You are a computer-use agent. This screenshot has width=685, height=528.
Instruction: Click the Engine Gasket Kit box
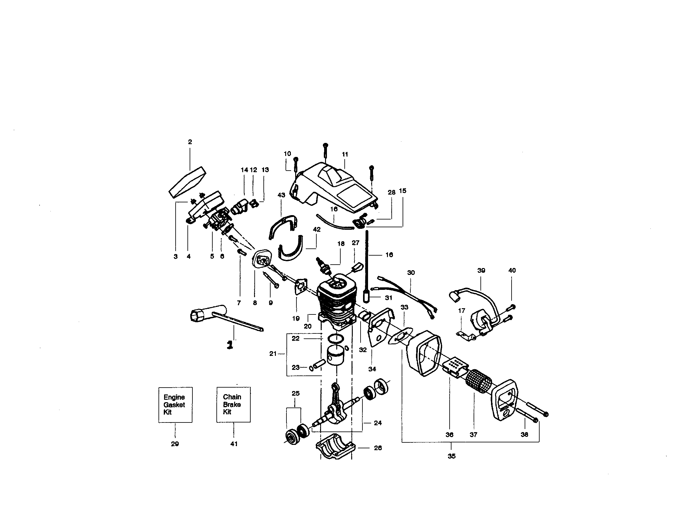click(x=175, y=404)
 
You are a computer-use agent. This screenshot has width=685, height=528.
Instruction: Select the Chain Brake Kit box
click(x=233, y=404)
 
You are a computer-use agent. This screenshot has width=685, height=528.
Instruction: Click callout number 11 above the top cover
click(x=345, y=154)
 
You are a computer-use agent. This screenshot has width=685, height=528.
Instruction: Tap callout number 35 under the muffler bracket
click(x=451, y=456)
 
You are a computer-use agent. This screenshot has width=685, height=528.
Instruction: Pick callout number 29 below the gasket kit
click(x=175, y=444)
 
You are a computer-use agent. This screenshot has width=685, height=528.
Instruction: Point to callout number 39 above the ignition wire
click(x=481, y=270)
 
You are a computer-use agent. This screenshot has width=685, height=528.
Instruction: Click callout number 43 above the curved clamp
click(x=281, y=195)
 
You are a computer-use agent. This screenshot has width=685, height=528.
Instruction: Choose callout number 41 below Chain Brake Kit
click(x=234, y=444)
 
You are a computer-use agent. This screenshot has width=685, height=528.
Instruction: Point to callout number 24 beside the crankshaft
click(x=378, y=423)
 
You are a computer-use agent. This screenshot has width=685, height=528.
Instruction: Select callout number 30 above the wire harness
click(x=411, y=273)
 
